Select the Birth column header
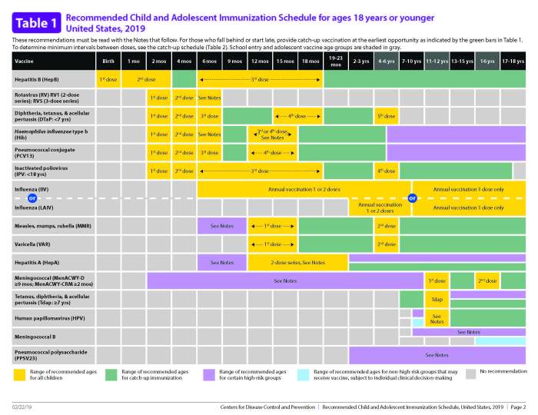(x=108, y=60)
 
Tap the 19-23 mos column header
(x=335, y=60)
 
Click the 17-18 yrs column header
(x=513, y=60)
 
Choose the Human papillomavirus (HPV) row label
(x=42, y=317)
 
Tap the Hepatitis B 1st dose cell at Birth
(x=108, y=78)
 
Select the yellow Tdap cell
(x=437, y=299)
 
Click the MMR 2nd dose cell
(x=386, y=226)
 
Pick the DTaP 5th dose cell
(x=386, y=116)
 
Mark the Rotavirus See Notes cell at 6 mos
(x=210, y=98)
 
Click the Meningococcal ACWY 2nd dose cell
(x=487, y=281)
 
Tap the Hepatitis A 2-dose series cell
(x=297, y=263)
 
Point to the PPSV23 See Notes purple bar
(x=437, y=355)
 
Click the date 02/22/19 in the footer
(x=22, y=406)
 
